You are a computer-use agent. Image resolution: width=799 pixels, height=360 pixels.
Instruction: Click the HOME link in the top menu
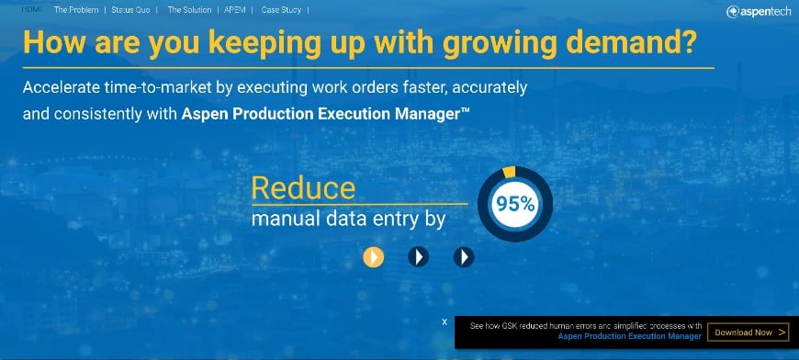click(31, 10)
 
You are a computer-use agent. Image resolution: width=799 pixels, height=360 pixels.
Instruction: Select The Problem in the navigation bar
click(76, 10)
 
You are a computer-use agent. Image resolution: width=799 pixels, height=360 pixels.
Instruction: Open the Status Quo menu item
click(131, 10)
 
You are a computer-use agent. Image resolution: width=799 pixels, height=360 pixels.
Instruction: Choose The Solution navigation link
click(189, 10)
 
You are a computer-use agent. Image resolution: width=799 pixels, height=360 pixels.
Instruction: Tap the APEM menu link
click(235, 10)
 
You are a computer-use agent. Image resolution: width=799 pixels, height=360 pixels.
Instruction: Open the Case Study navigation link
click(281, 10)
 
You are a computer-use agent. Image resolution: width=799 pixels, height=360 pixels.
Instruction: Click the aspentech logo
click(759, 12)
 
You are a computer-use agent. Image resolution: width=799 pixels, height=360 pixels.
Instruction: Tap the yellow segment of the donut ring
click(509, 172)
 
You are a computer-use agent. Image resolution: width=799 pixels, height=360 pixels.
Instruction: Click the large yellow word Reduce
click(303, 188)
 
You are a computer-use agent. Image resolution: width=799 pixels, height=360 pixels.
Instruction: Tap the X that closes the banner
click(445, 321)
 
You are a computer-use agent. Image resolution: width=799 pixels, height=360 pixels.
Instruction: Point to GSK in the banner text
click(510, 326)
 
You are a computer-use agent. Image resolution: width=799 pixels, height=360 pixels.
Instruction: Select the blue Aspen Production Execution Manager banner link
click(629, 336)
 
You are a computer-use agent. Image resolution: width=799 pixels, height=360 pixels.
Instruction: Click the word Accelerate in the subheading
click(54, 87)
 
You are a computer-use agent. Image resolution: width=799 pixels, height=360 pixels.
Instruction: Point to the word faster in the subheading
click(422, 87)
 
